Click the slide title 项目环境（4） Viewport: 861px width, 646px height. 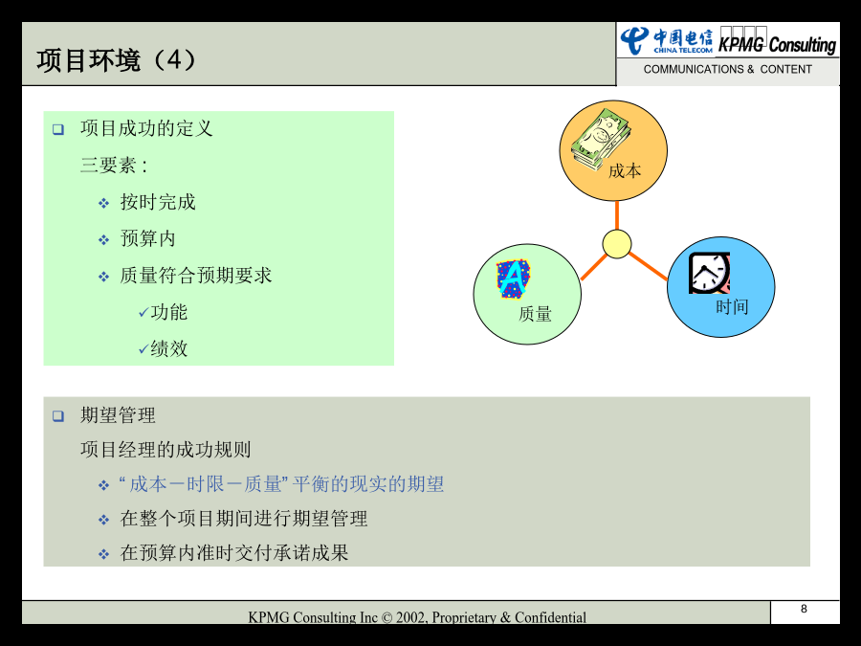point(116,60)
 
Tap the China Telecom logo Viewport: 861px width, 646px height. point(667,40)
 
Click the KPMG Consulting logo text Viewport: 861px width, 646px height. point(777,44)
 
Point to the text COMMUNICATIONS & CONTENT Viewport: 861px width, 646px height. point(728,69)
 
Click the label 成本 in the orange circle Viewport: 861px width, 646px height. point(625,171)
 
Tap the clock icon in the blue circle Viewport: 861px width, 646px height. point(709,273)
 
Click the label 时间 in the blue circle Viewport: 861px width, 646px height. point(732,307)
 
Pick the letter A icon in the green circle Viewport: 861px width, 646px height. point(514,278)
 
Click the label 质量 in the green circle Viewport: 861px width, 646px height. point(535,314)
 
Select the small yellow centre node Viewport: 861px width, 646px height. point(617,244)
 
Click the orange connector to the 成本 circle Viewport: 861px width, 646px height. point(617,215)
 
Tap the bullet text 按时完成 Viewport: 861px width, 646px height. point(158,202)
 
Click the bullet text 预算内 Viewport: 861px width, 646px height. point(147,238)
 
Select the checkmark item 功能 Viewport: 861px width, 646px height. point(163,312)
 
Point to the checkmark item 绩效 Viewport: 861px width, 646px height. point(163,348)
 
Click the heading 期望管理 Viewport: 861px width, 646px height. point(118,415)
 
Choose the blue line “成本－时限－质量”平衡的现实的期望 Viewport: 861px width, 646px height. point(281,484)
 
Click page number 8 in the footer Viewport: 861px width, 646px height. point(804,609)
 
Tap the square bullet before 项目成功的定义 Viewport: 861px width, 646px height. point(58,129)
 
